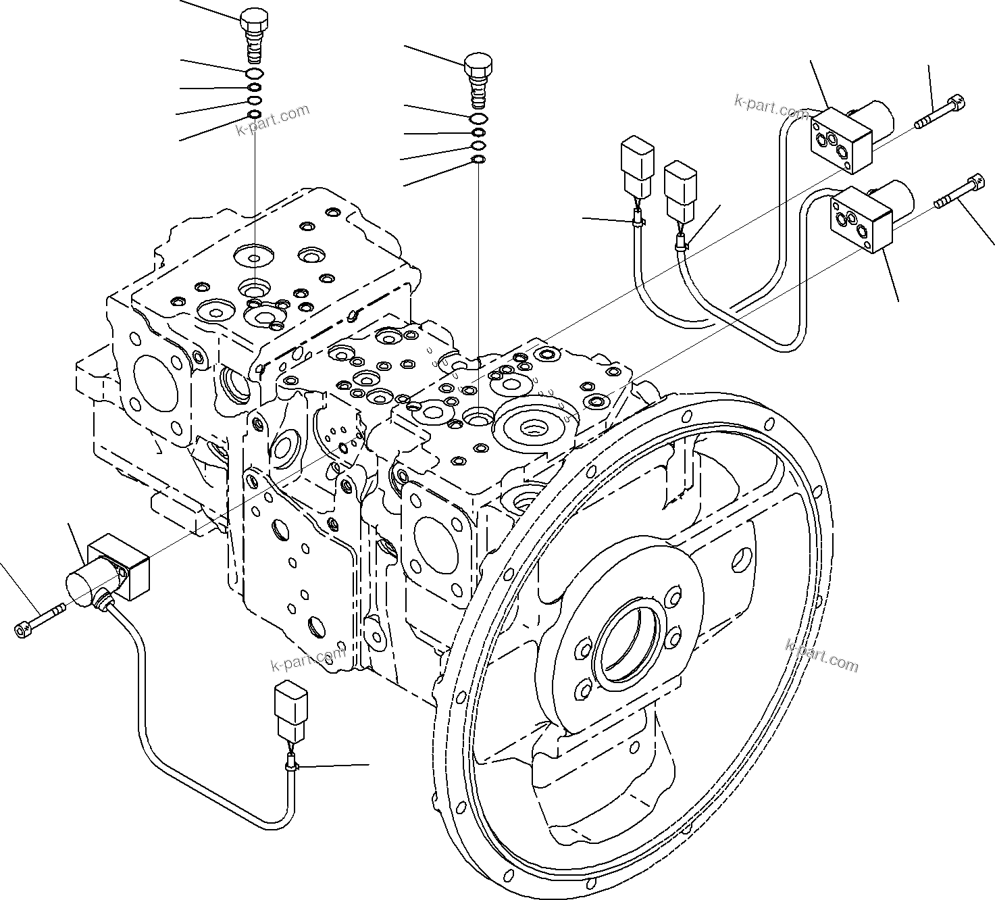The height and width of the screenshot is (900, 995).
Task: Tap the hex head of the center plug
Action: tap(478, 65)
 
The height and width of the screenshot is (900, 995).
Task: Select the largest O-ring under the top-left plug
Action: tap(255, 74)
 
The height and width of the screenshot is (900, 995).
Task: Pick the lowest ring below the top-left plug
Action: tap(255, 114)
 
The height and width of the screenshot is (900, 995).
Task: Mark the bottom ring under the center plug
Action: tap(478, 159)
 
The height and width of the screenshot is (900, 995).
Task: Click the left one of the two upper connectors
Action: tap(636, 166)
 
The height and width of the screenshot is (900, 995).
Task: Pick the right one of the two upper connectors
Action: tap(680, 191)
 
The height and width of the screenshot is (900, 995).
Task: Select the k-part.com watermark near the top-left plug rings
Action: tap(273, 119)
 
